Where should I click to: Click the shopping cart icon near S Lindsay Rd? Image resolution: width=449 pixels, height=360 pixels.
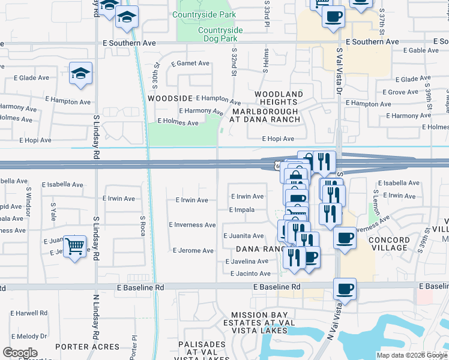tap(74, 245)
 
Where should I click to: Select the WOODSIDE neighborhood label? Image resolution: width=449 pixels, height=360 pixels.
tap(170, 98)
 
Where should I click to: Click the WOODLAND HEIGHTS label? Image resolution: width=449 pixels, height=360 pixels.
tap(279, 99)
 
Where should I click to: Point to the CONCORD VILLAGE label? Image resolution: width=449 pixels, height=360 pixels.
tap(390, 244)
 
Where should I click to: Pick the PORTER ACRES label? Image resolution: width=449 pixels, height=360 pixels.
tap(88, 347)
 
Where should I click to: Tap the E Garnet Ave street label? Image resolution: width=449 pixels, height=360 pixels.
tap(190, 64)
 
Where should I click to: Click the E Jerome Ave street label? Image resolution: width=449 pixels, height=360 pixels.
tap(193, 251)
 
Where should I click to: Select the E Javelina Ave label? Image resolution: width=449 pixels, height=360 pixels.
tap(247, 262)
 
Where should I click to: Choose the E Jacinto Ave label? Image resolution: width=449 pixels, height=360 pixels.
tap(250, 274)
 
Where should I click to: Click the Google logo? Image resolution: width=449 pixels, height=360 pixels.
tap(20, 353)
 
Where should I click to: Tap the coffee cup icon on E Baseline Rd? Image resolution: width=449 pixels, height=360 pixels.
tap(345, 289)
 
